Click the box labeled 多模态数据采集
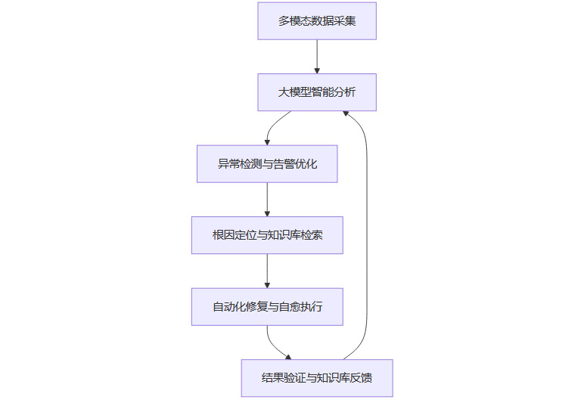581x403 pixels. coord(317,21)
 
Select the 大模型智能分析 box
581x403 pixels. coord(317,92)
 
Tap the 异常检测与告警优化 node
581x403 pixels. coord(267,163)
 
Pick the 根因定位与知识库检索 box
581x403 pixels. coord(267,235)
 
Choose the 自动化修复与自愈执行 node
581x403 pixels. coord(267,307)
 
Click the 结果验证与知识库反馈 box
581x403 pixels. coord(317,378)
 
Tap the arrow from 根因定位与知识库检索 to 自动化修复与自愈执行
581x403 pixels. coord(267,270)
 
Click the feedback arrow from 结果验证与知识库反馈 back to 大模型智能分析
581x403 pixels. coord(367,234)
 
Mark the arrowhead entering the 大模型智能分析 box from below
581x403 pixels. coord(345,113)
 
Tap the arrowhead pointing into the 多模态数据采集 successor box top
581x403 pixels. coord(317,70)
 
